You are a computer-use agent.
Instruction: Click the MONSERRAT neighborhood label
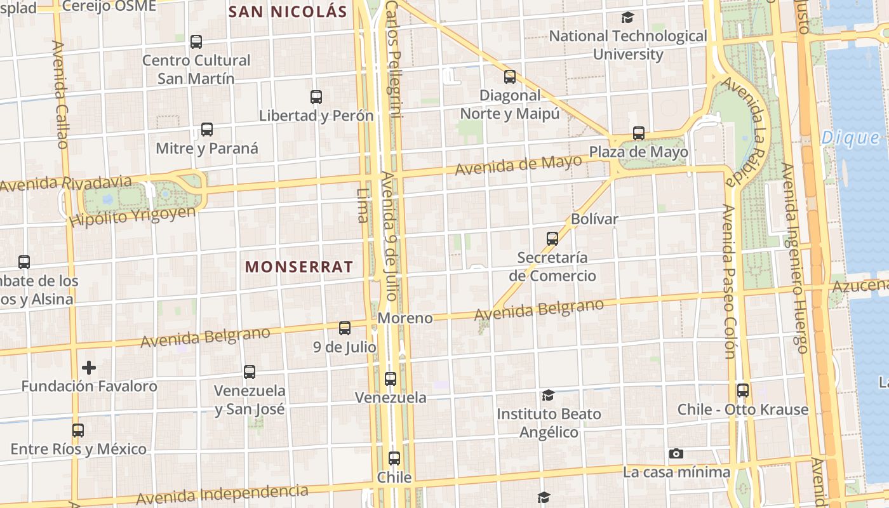[x=298, y=267]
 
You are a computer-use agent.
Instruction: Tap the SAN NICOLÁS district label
[x=288, y=11]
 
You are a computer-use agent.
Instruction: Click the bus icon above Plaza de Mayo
[x=639, y=133]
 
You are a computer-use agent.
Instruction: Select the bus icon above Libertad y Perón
[x=316, y=97]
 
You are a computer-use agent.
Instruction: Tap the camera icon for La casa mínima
[x=676, y=453]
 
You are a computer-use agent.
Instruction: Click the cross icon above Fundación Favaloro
[x=89, y=367]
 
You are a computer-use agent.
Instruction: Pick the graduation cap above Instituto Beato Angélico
[x=548, y=395]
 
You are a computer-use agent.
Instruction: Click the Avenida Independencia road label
[x=222, y=493]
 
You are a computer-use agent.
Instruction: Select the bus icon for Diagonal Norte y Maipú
[x=510, y=77]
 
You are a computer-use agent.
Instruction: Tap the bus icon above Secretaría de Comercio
[x=552, y=239]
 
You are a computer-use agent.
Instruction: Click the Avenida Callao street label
[x=60, y=95]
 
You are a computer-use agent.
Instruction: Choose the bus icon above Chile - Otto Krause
[x=743, y=390]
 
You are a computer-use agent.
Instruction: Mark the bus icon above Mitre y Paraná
[x=207, y=130]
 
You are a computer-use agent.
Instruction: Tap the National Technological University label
[x=628, y=44]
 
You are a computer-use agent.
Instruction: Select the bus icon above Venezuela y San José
[x=250, y=371]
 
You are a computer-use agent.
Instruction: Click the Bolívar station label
[x=594, y=219]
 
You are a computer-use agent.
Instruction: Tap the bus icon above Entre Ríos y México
[x=78, y=430]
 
